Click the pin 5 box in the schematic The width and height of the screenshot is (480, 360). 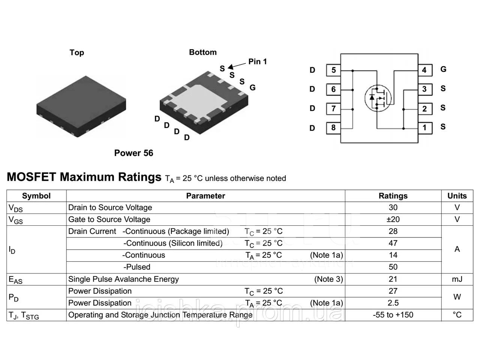click(333, 70)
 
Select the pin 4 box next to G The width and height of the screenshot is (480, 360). click(425, 70)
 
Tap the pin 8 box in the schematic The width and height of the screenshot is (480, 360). click(333, 128)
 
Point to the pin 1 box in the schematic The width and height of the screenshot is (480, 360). click(425, 128)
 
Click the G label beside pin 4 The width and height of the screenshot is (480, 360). click(443, 69)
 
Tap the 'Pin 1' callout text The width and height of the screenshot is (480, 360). click(258, 61)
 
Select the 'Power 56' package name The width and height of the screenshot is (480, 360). click(133, 153)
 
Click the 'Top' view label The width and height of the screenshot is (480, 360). click(77, 52)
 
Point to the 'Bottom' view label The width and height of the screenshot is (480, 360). click(203, 52)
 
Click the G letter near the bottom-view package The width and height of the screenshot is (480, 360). click(253, 88)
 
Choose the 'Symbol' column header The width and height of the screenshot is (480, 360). click(36, 196)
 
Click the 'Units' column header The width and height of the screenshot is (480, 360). click(457, 196)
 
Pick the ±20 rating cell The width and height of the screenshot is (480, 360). click(393, 219)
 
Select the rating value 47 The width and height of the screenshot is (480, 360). click(393, 243)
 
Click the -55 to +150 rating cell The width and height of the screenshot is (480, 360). click(393, 315)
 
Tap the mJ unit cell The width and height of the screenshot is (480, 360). click(457, 279)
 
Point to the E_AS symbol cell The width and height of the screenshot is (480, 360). click(15, 280)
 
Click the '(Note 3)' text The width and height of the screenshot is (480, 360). click(328, 279)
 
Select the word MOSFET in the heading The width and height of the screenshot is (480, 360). click(31, 177)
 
